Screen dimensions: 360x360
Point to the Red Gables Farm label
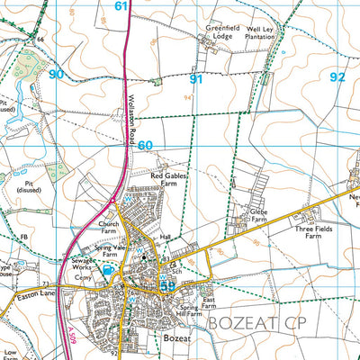pos(169,180)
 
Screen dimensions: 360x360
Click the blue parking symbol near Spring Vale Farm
pos(109,268)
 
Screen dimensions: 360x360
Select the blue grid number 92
pos(337,78)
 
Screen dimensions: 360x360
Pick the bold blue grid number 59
pos(167,286)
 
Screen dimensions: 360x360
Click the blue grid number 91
pos(194,79)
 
